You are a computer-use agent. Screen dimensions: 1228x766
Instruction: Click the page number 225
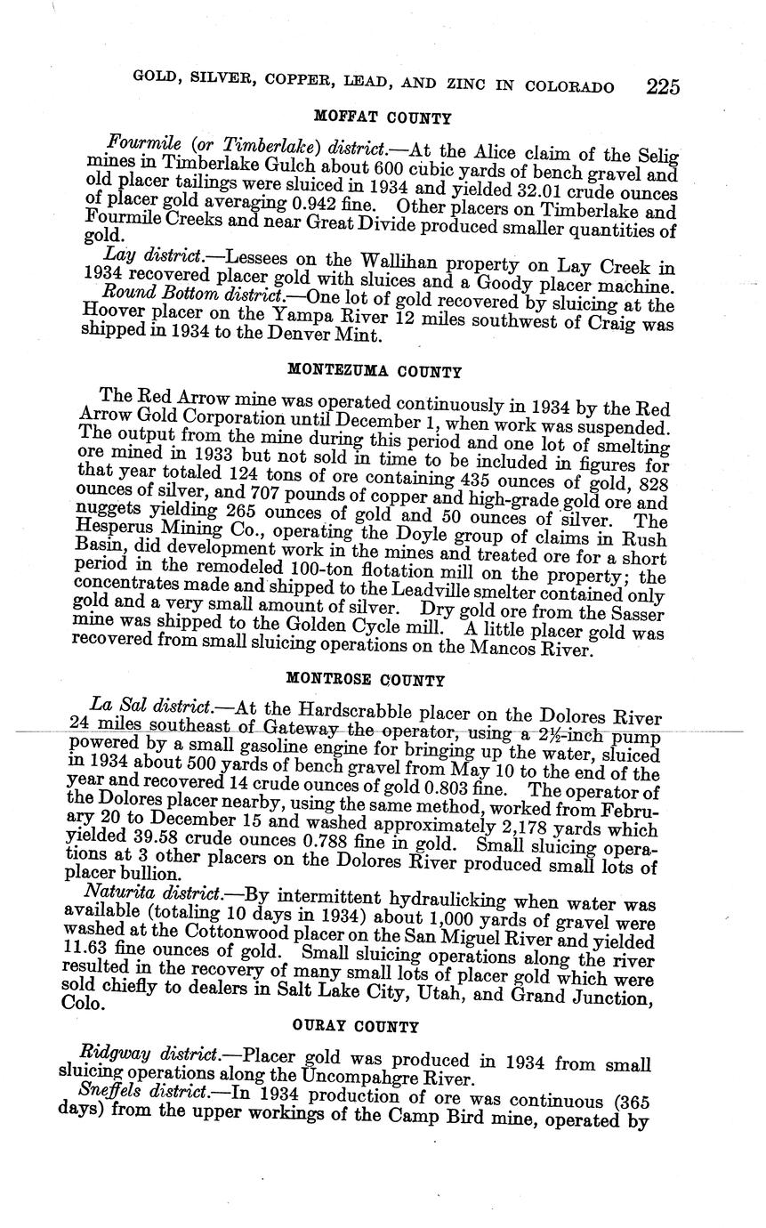[x=663, y=86]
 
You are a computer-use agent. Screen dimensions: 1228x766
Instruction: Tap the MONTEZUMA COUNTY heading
[x=375, y=371]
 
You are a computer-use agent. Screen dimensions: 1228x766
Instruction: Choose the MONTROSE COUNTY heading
[x=365, y=680]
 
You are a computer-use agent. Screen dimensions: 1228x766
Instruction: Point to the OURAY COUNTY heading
[x=355, y=1026]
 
